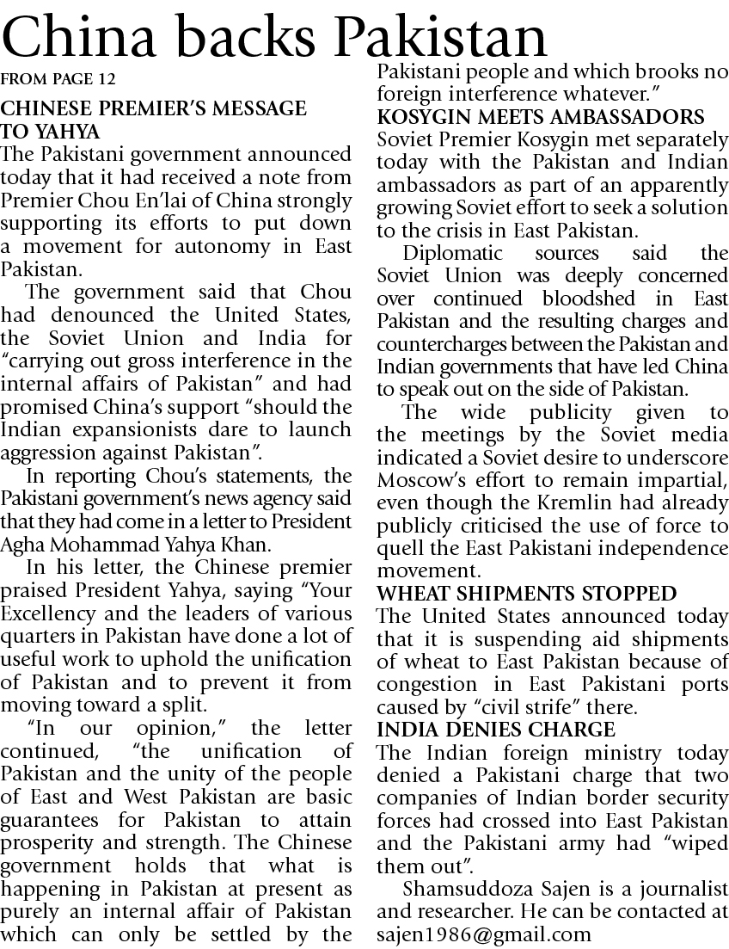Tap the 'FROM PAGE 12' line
(x=58, y=80)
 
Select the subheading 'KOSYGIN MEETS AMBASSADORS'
(x=542, y=117)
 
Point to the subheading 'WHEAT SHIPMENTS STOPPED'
(x=527, y=594)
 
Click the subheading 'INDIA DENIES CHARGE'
(x=496, y=730)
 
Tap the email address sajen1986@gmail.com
(x=484, y=934)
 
